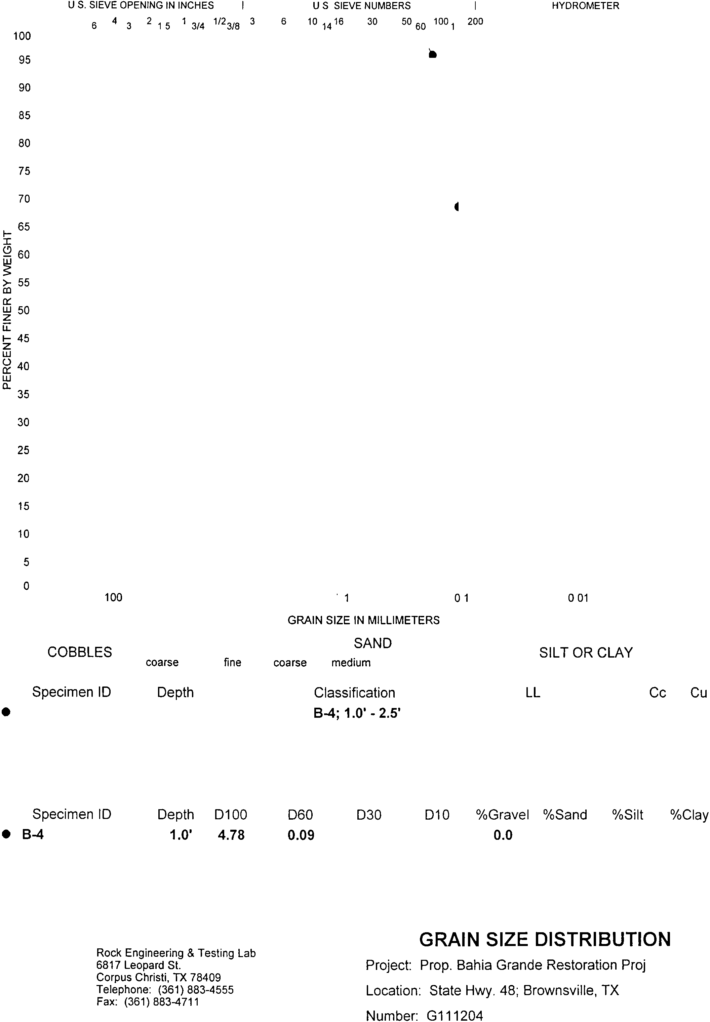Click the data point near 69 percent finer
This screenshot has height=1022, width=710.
click(457, 206)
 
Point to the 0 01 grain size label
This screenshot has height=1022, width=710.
click(578, 598)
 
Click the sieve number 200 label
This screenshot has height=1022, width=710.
click(475, 22)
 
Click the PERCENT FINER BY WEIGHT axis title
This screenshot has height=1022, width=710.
click(7, 310)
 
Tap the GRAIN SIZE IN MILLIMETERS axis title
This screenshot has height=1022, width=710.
click(363, 620)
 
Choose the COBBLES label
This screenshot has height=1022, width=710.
click(80, 652)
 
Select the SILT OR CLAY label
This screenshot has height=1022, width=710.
click(585, 653)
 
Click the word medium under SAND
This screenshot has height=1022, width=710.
click(351, 663)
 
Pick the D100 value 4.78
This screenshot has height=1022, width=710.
click(231, 835)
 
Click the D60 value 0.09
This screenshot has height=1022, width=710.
click(301, 835)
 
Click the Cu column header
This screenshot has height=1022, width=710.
click(698, 693)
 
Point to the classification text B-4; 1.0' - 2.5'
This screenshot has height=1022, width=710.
click(357, 714)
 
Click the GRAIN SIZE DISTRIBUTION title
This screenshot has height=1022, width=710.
click(545, 940)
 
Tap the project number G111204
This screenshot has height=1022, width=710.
click(454, 1016)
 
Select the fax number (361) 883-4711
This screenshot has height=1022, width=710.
click(161, 1001)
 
